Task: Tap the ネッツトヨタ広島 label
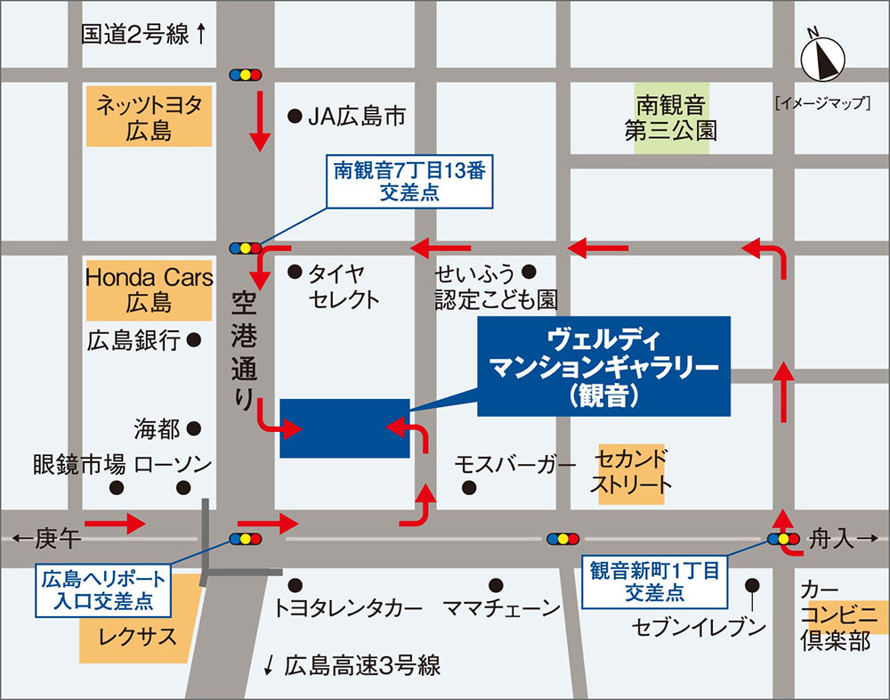pos(149,118)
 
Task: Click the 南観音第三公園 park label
pos(671,118)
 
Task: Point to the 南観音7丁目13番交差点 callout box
pos(410,181)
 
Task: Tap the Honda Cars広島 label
pos(149,289)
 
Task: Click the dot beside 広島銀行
pos(194,339)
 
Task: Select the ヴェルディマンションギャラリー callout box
pos(603,366)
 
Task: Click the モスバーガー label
pos(515,464)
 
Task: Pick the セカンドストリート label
pos(632,473)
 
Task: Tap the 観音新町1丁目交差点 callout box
pos(653,581)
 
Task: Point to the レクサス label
pos(133,637)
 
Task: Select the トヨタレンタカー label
pos(348,609)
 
